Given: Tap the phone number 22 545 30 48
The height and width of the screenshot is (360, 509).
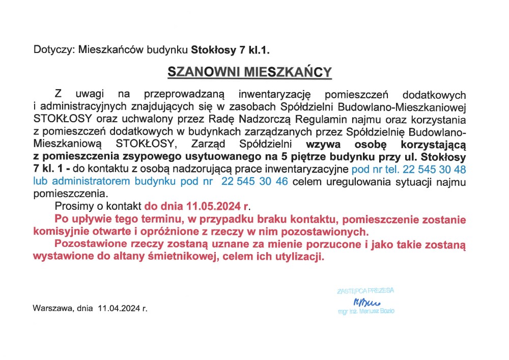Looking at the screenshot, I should click(x=434, y=168).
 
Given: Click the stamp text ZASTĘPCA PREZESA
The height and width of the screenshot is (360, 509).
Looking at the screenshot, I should click(x=365, y=291).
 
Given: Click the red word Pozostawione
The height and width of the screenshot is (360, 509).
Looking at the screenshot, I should click(x=89, y=244).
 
